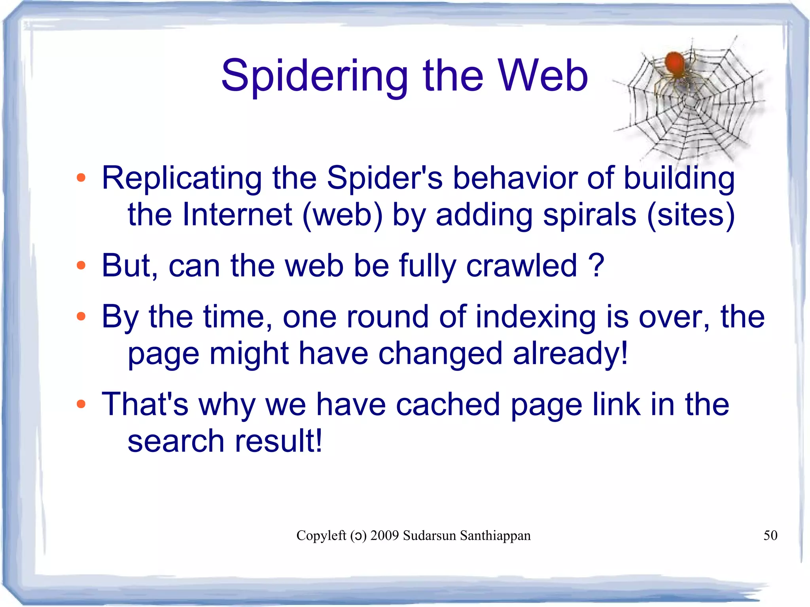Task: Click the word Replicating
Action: (182, 178)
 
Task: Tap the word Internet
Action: (237, 215)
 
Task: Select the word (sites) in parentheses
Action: (691, 215)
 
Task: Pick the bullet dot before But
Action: (81, 265)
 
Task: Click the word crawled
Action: (522, 266)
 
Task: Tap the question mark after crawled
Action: (596, 265)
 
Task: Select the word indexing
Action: (536, 318)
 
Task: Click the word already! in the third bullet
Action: (570, 354)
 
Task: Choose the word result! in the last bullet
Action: (278, 441)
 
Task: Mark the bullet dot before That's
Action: (81, 404)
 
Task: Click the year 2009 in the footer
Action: (384, 535)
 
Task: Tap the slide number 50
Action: (770, 535)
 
